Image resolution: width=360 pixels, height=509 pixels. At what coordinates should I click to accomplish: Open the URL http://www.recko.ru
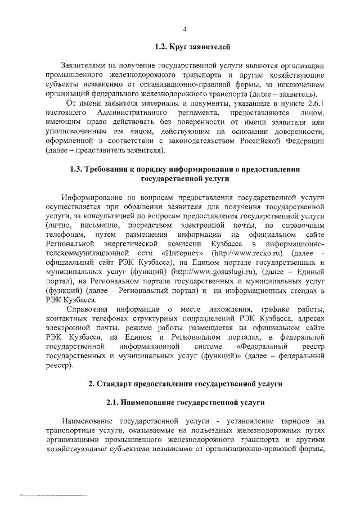pyautogui.click(x=237, y=253)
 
